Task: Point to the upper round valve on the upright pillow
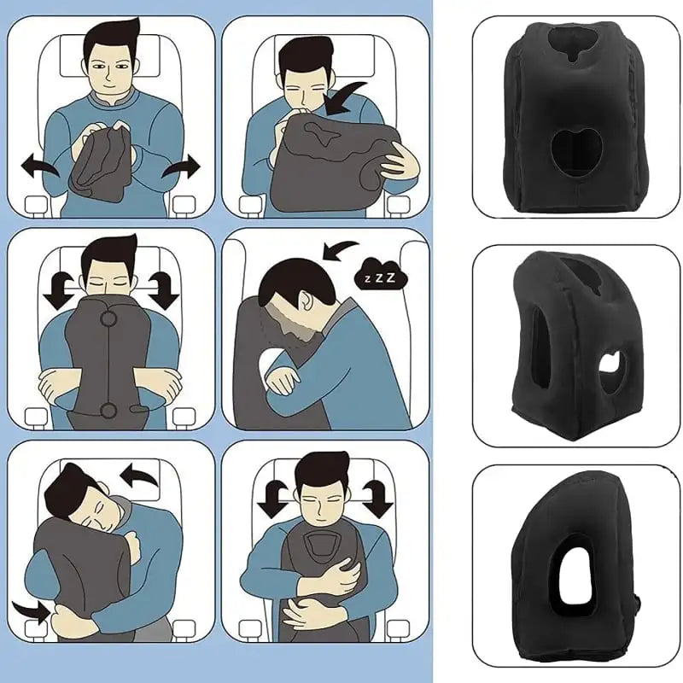pos(109,321)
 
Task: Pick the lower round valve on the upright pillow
pos(109,411)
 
